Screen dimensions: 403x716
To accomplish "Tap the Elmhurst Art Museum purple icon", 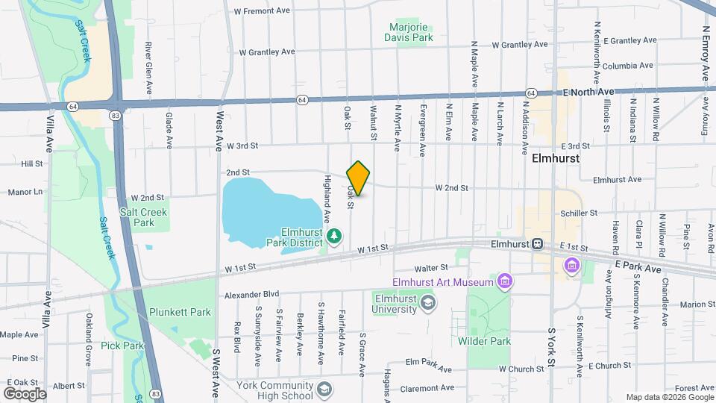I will pos(506,281).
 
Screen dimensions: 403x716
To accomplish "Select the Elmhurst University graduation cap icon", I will pos(428,303).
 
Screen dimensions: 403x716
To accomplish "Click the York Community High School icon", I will pos(324,389).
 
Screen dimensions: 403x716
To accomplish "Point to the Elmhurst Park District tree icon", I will pos(335,237).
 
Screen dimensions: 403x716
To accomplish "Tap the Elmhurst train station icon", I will pos(536,244).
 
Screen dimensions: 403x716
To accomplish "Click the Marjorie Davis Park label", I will pos(409,31).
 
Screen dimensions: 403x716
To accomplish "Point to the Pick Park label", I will pos(123,346).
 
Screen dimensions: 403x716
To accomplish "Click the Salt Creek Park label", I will pos(139,217).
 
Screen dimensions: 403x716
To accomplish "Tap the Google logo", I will pos(25,393).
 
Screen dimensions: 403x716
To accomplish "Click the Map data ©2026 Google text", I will pos(668,397).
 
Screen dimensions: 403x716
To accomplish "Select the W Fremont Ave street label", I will pos(261,11).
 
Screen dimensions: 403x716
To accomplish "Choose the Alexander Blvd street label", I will pos(251,295).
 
